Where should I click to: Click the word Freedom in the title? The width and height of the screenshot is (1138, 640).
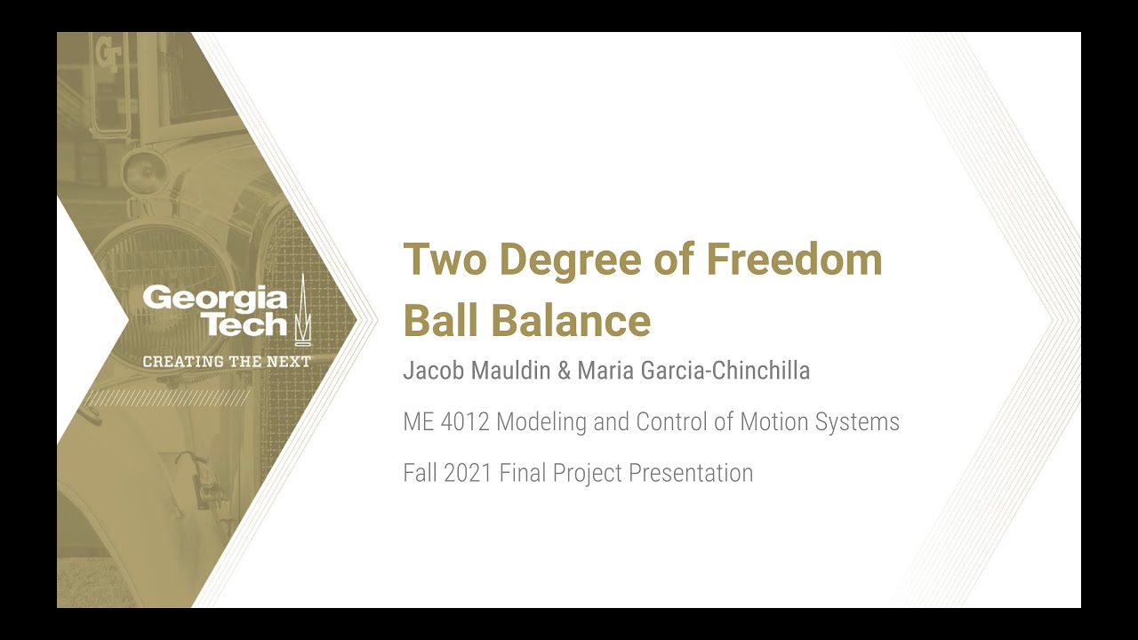click(x=794, y=260)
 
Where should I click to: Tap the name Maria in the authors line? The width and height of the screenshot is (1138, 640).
click(x=606, y=371)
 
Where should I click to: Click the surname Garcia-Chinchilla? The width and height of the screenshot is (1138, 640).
click(x=726, y=371)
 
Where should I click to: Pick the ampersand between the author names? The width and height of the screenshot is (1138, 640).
click(x=564, y=371)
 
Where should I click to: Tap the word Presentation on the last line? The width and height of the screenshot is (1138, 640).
click(x=691, y=473)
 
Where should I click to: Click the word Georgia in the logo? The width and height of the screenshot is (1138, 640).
click(x=215, y=298)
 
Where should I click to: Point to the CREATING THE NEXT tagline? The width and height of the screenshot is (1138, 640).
click(x=227, y=362)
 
